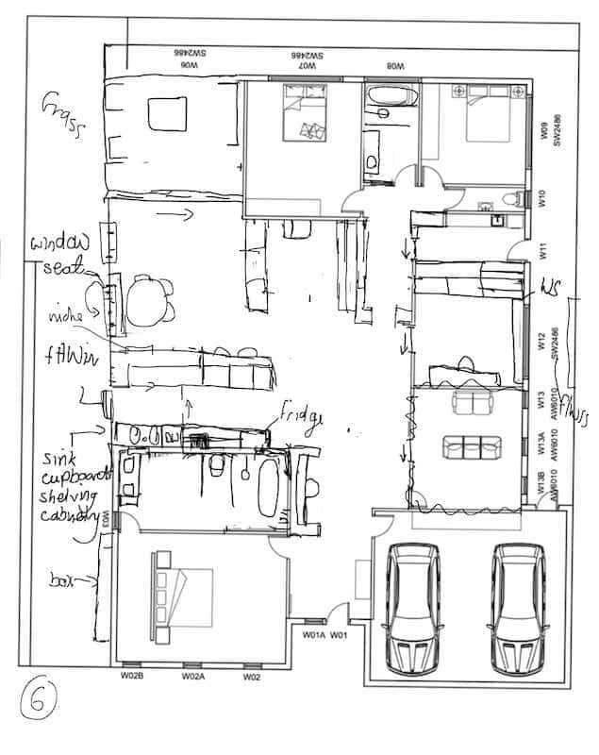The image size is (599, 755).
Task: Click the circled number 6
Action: click(41, 699)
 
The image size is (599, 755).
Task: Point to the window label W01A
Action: click(313, 634)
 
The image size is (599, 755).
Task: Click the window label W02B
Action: click(131, 677)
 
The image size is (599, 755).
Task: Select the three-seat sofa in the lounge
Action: click(468, 445)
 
